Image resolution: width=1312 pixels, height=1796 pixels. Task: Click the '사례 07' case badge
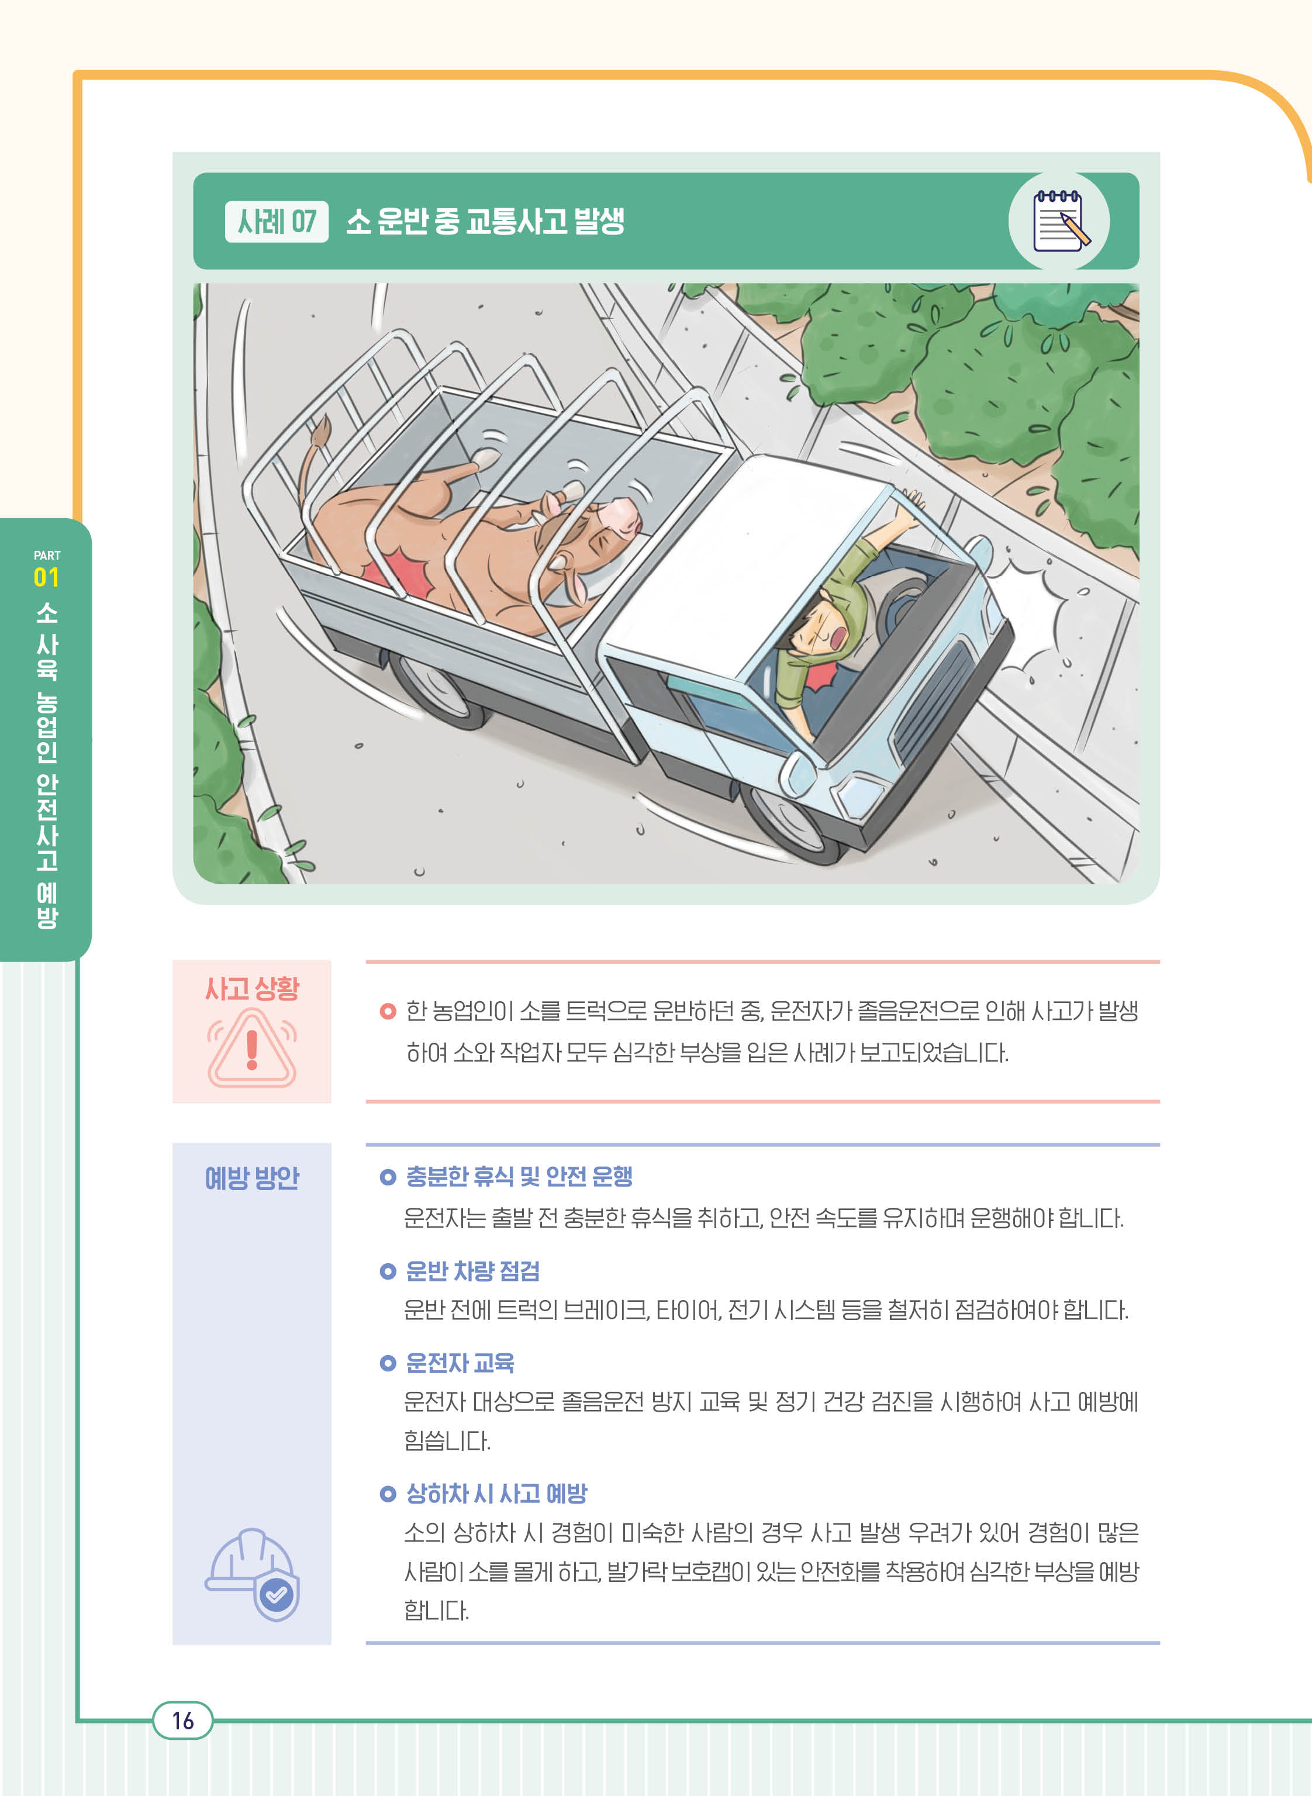coord(277,222)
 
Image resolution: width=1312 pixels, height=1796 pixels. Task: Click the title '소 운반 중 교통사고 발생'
coord(485,221)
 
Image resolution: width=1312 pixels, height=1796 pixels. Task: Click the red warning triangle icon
coord(252,1048)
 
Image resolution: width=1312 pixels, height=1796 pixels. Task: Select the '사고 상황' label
coord(252,988)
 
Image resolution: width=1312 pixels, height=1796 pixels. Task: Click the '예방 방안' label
coord(252,1177)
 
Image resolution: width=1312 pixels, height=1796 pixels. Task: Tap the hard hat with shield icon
coord(253,1574)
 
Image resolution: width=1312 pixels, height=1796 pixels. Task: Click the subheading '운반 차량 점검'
coord(472,1271)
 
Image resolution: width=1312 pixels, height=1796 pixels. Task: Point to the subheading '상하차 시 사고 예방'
coord(496,1494)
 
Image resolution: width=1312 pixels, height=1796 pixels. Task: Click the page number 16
coord(182,1721)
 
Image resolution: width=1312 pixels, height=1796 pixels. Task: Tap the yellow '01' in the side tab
coord(46,577)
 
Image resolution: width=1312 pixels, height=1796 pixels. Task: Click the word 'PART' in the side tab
coord(47,555)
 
